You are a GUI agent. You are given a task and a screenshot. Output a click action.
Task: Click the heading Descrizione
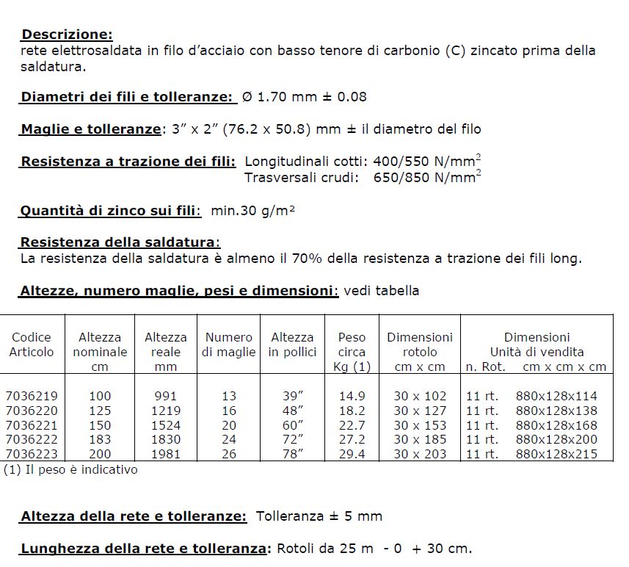coord(68,35)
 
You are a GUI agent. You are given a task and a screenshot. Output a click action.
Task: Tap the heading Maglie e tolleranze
coord(91,129)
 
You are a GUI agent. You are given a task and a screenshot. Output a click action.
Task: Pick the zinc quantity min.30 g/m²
coord(252,212)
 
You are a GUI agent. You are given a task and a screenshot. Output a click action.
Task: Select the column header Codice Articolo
coord(32,344)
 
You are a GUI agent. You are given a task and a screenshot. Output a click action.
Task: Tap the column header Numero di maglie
coord(229,344)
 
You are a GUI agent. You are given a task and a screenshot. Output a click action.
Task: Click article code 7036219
coord(31,396)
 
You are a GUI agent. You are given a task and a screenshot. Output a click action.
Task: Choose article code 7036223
coord(31,454)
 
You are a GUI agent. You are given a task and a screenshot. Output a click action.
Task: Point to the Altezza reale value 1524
coord(165,425)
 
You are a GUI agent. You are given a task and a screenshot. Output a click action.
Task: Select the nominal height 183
coord(100,439)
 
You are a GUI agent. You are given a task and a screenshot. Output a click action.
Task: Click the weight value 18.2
coord(352,411)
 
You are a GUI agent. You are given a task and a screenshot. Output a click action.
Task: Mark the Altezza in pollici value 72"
coord(293,439)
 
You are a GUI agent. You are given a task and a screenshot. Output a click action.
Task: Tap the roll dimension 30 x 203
coord(420,454)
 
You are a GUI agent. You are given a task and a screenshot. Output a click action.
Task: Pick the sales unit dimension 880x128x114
coord(556,396)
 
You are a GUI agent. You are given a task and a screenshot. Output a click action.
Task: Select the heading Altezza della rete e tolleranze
coord(134,516)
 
